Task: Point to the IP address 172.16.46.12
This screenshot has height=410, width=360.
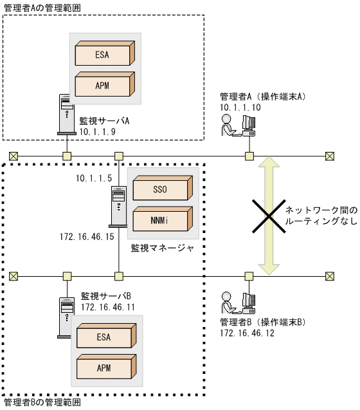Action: [x=247, y=332]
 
